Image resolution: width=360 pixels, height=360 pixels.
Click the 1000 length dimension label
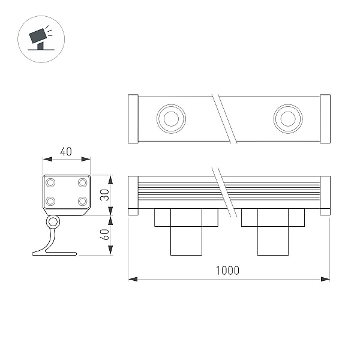pyautogui.click(x=227, y=271)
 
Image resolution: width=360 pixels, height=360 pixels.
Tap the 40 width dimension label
pyautogui.click(x=66, y=152)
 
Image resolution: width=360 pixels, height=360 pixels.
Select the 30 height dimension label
pyautogui.click(x=104, y=195)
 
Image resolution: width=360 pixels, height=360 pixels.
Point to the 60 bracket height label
pyautogui.click(x=104, y=235)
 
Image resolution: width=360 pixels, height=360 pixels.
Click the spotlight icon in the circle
pyautogui.click(x=40, y=38)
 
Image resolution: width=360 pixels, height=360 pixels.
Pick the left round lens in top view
pyautogui.click(x=171, y=119)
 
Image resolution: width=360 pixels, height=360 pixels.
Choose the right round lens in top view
pyautogui.click(x=288, y=119)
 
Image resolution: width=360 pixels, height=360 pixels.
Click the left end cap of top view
pyautogui.click(x=133, y=119)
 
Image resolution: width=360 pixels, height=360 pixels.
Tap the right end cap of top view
pyautogui.click(x=325, y=119)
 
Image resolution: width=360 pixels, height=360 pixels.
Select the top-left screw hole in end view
pyautogui.click(x=50, y=183)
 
